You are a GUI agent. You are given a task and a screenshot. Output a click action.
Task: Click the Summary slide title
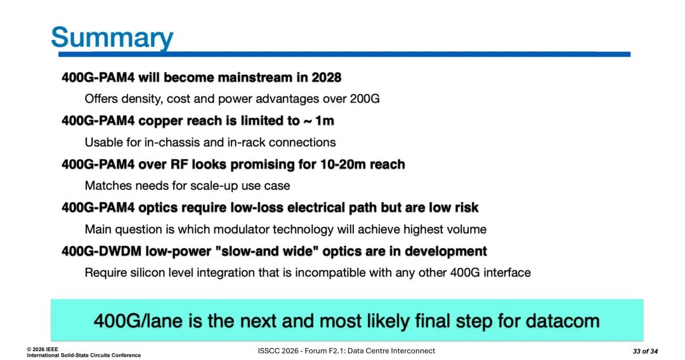click(x=112, y=38)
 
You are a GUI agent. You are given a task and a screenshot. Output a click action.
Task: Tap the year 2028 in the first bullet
click(x=327, y=78)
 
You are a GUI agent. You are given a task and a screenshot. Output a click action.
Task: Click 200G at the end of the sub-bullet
click(x=364, y=99)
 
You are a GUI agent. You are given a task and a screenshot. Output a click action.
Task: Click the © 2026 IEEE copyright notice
click(x=42, y=349)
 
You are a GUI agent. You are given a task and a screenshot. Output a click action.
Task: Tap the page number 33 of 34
click(x=645, y=351)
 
